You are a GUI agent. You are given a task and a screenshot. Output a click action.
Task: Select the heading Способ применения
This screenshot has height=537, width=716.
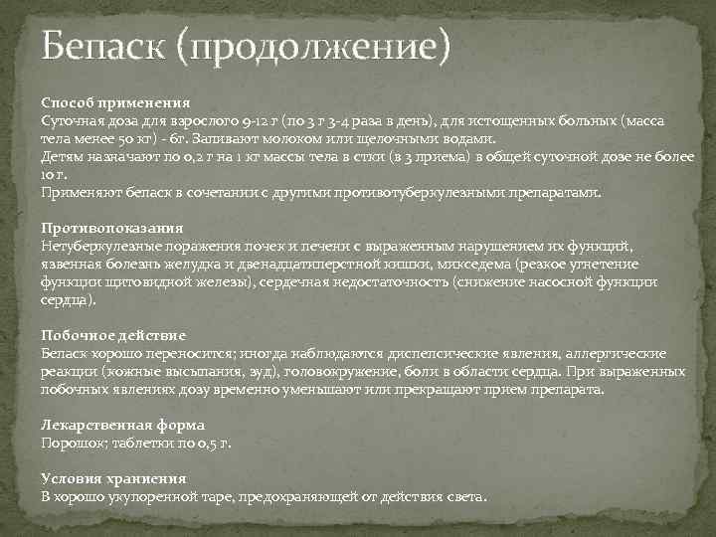115,102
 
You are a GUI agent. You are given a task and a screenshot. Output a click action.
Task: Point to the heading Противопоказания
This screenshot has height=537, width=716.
110,228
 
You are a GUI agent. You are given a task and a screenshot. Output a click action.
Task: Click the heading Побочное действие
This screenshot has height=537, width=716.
113,335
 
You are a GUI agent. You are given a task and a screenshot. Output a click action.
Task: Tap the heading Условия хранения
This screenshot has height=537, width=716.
112,478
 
